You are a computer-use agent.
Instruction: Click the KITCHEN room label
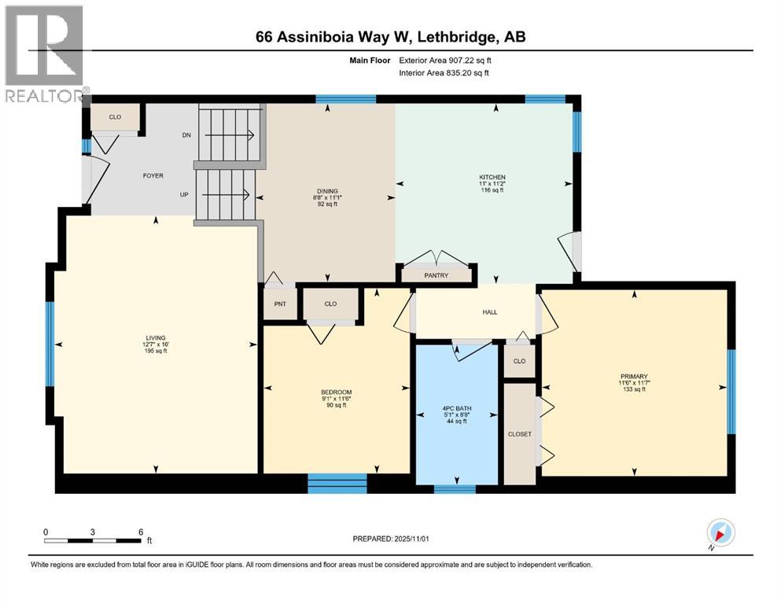click(x=492, y=178)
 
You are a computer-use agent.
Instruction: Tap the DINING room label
click(x=327, y=191)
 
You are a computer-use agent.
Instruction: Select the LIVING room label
click(x=155, y=338)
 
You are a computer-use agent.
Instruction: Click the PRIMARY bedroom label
click(x=633, y=377)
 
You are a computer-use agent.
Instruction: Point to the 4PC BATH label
click(x=457, y=408)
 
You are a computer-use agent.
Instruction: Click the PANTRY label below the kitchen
click(x=436, y=275)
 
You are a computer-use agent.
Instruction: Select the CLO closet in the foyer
click(x=115, y=117)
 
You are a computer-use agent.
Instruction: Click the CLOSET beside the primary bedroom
click(x=519, y=433)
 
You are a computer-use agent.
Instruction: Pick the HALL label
click(x=490, y=312)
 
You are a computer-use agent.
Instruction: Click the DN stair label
click(x=186, y=135)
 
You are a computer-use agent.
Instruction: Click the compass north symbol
click(x=720, y=533)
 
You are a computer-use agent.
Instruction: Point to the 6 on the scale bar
click(x=140, y=532)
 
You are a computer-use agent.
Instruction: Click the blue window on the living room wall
click(x=50, y=344)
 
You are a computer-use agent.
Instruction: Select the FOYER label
click(x=153, y=175)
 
